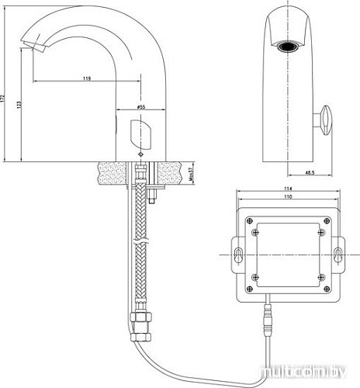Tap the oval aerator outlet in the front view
click(289, 46)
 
